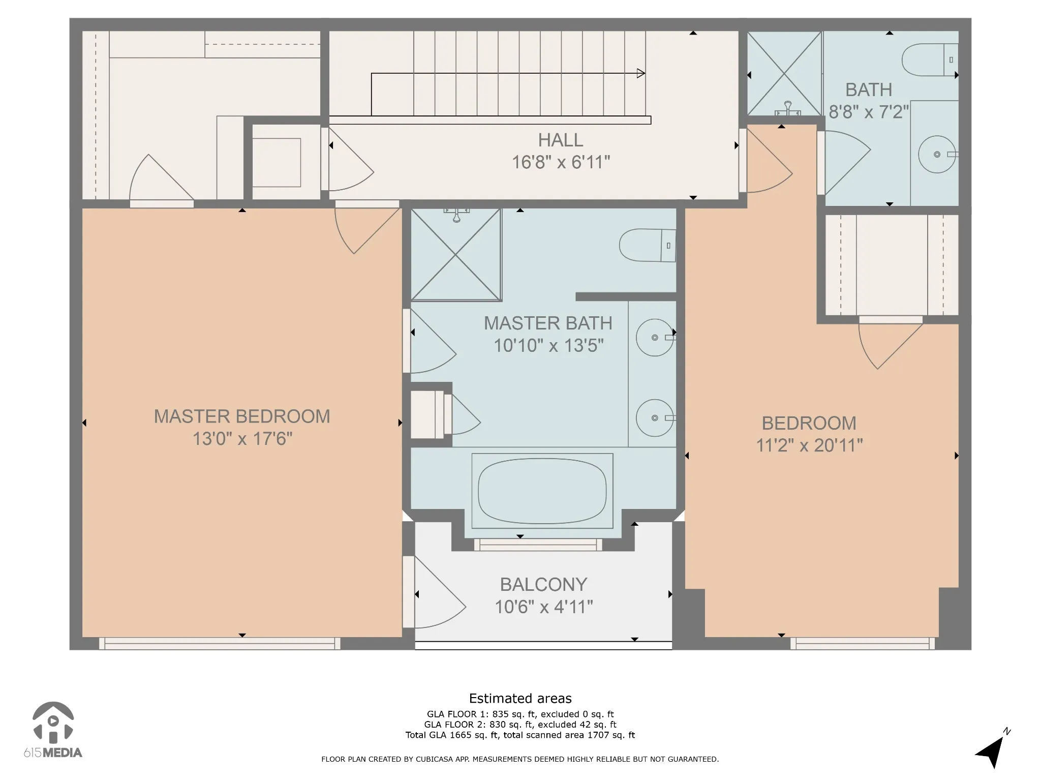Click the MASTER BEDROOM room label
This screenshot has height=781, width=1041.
242,416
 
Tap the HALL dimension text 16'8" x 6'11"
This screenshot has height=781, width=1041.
561,162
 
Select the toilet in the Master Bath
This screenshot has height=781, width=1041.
648,245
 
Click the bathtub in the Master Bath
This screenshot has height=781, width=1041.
542,491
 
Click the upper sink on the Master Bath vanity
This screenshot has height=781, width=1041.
655,337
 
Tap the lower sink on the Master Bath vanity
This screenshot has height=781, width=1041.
655,418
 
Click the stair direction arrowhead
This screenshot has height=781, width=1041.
641,73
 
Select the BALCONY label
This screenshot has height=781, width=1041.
543,585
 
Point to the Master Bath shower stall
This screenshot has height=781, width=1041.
456,254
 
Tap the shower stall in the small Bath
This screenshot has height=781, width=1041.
784,74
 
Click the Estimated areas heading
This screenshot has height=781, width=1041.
520,698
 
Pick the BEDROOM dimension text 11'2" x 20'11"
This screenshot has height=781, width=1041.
809,445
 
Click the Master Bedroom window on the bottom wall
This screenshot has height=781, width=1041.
220,644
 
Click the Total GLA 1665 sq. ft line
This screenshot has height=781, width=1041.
520,735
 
